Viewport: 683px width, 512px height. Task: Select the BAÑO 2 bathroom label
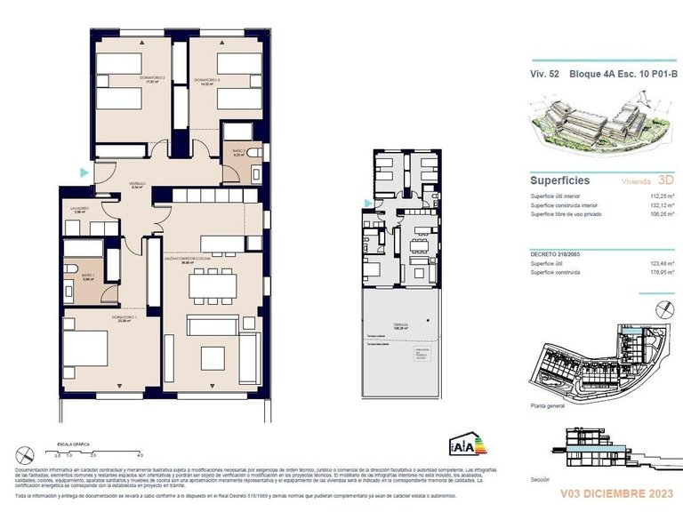(237, 152)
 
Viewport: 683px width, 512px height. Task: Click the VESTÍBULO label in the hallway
(137, 184)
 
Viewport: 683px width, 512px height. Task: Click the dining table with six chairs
(213, 284)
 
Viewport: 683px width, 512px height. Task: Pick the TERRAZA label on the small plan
(402, 325)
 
